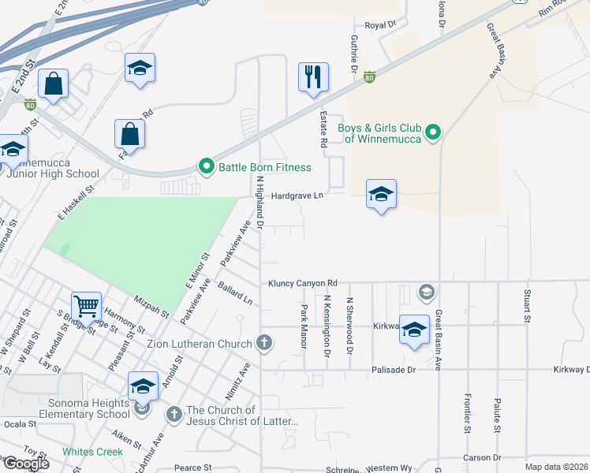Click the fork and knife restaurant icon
click(313, 77)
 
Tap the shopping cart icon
click(87, 305)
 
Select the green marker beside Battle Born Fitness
click(207, 166)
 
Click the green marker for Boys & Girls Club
click(432, 133)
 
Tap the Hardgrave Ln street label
click(298, 196)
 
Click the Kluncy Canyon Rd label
click(302, 283)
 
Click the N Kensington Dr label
click(326, 325)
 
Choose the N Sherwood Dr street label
click(349, 325)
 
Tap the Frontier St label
click(467, 415)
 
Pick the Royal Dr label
click(380, 25)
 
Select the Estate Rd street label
click(323, 129)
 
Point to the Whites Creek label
click(93, 452)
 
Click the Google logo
click(26, 464)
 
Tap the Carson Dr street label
click(482, 457)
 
